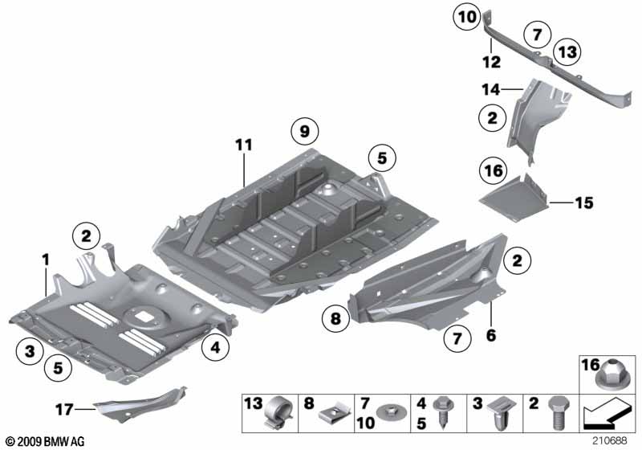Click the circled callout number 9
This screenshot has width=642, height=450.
coord(304,129)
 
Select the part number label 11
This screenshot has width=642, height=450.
coord(244,145)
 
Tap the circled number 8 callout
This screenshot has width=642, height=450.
coord(337,320)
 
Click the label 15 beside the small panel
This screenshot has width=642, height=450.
coord(583,202)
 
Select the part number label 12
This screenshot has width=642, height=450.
coord(491,61)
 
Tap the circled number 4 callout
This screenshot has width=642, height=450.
coord(214,348)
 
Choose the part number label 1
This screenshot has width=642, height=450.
coord(46,259)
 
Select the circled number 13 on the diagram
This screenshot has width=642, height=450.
coord(567,51)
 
